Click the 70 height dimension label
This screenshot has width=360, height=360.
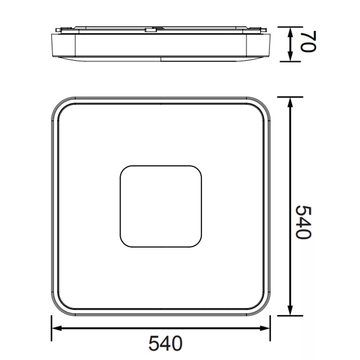point(309,41)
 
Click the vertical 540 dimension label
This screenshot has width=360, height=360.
point(303,222)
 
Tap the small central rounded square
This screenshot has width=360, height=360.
point(161,206)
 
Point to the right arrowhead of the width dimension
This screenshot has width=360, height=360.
point(265,328)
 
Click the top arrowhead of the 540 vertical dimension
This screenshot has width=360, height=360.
point(291,102)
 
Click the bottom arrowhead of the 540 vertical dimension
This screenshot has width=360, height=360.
point(291,310)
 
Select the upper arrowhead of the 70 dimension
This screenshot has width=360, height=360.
point(291,32)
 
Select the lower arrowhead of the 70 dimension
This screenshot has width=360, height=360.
point(291,56)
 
